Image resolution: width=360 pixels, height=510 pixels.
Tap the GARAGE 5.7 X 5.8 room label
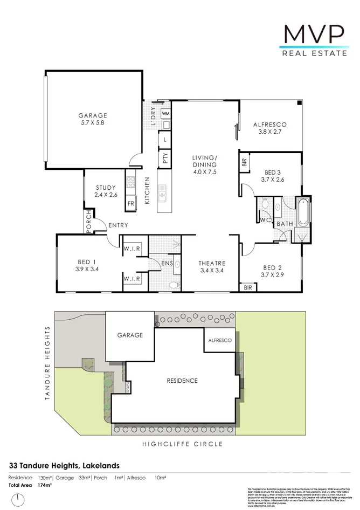click(93, 119)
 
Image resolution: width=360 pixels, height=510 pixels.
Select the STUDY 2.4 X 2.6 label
click(105, 191)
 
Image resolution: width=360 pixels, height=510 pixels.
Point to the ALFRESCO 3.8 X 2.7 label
click(269, 128)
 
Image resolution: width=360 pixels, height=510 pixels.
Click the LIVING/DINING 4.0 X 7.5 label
click(204, 164)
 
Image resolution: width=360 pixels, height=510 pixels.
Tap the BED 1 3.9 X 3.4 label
click(87, 266)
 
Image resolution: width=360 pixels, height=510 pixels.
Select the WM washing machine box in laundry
click(165, 114)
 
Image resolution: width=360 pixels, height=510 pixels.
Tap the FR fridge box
click(130, 204)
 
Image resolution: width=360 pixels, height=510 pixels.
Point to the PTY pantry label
click(165, 158)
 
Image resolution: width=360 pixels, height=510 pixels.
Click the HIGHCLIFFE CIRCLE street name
click(182, 444)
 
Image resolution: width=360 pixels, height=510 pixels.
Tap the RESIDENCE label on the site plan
click(182, 381)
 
